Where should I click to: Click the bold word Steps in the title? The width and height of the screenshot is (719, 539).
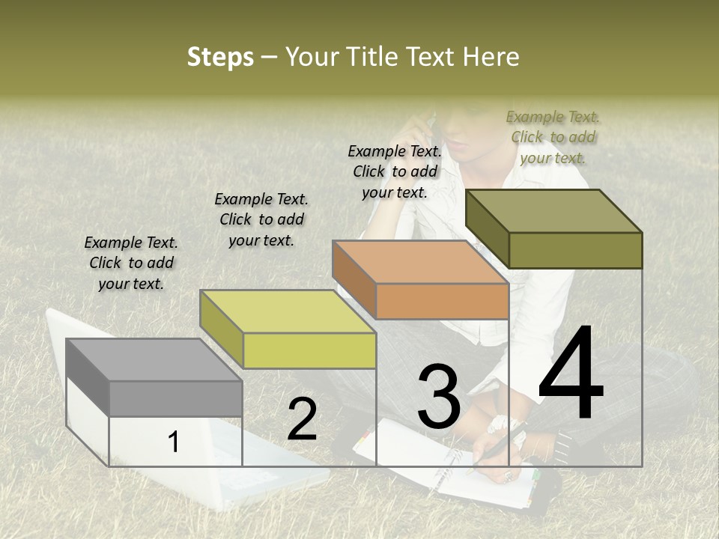pos(220,57)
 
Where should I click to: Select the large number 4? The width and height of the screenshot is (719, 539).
pos(571,374)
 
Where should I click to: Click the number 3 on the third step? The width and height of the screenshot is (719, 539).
pos(439,397)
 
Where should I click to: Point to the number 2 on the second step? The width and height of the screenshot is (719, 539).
pos(302,419)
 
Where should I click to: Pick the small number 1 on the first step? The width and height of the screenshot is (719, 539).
pos(174,442)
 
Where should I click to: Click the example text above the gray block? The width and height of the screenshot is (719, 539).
pos(131,263)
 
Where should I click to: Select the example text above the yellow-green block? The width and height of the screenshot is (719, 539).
pos(261,219)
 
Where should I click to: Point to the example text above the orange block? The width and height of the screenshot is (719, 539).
pos(395,171)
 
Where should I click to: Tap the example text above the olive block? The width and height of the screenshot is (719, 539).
pos(553,137)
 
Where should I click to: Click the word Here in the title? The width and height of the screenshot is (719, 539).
pos(491,57)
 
